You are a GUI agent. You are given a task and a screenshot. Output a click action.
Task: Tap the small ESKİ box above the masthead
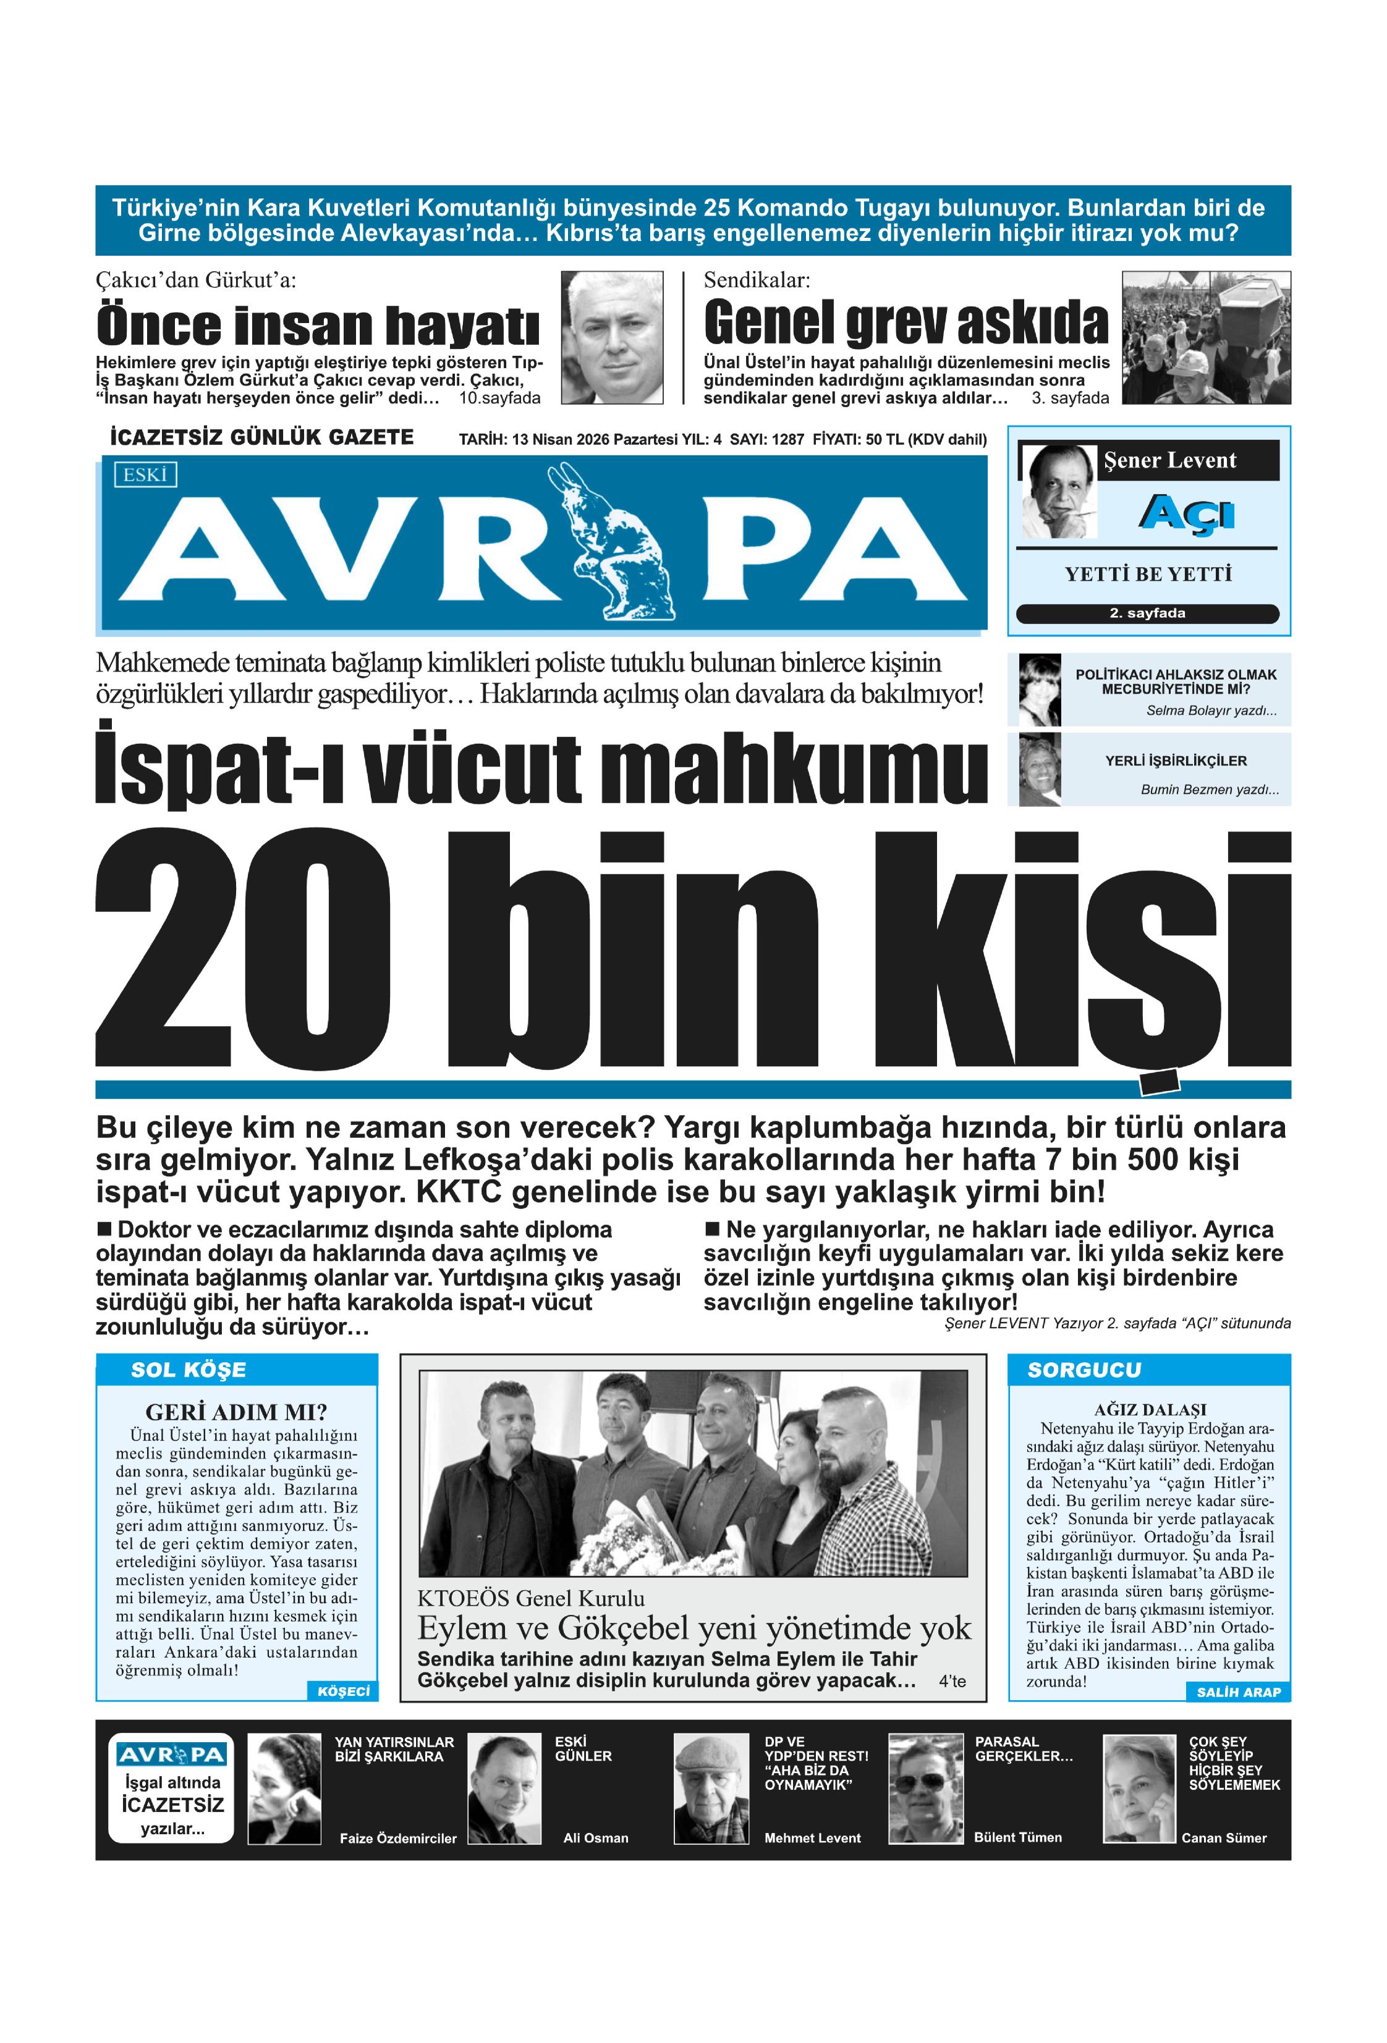(145, 474)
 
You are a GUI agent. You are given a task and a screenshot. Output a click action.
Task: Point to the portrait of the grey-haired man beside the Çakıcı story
(611, 337)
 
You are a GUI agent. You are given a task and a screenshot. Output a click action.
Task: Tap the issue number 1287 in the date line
(787, 439)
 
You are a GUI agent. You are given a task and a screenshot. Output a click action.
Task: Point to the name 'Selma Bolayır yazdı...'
(1210, 710)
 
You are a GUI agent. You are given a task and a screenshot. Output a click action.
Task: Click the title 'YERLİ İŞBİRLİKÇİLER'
(1175, 761)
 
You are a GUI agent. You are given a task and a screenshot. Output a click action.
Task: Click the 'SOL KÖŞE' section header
(189, 1370)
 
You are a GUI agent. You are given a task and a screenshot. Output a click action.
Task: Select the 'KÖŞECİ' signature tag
(343, 1690)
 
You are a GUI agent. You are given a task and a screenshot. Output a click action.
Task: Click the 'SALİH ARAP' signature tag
(1237, 1691)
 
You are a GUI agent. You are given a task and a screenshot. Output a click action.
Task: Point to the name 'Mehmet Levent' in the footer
(812, 1837)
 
